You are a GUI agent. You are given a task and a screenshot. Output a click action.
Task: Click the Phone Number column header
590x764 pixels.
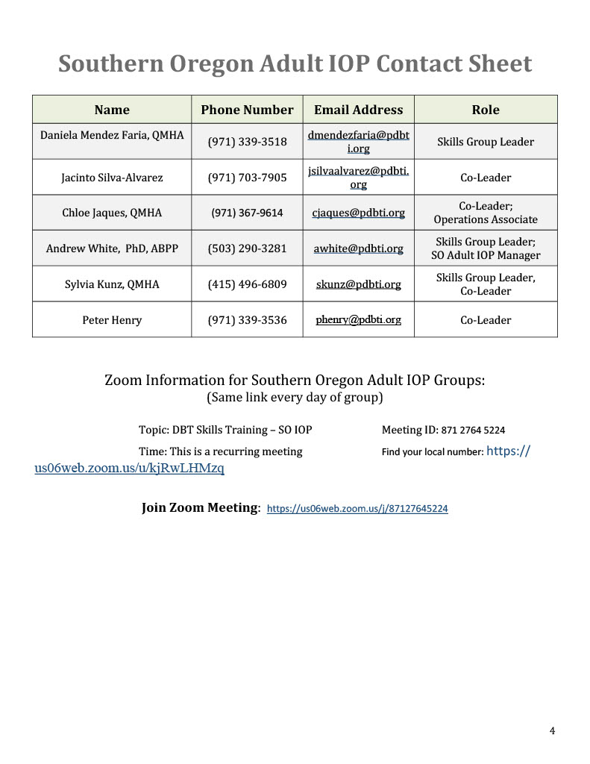(247, 110)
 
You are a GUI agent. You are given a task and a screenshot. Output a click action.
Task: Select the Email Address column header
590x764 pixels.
(358, 110)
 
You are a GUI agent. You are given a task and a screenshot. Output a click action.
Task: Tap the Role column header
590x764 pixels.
(486, 110)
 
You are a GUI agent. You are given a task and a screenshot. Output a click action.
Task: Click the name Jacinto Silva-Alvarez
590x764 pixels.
(112, 178)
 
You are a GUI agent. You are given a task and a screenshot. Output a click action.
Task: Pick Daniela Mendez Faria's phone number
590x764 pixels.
(247, 142)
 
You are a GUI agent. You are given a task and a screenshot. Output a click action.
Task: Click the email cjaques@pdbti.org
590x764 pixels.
(358, 213)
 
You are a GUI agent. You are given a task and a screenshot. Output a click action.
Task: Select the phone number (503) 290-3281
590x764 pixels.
(247, 248)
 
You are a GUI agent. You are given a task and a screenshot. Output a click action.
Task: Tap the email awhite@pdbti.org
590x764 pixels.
(358, 248)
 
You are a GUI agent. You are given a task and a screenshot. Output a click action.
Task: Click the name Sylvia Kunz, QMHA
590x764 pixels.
(112, 284)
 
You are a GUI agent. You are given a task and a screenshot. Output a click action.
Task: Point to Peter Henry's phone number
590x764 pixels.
(247, 320)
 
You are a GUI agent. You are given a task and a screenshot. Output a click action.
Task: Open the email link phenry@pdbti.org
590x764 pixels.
(358, 320)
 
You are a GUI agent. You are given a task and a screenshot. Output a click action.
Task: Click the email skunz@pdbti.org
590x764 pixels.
(358, 284)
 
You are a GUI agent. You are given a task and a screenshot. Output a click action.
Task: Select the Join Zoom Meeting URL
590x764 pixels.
(357, 509)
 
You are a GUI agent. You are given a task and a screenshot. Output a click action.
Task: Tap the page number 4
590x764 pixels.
(552, 731)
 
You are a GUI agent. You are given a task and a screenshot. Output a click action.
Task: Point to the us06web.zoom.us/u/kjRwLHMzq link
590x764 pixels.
(129, 469)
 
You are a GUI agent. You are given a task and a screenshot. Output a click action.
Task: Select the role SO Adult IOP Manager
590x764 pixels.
(486, 255)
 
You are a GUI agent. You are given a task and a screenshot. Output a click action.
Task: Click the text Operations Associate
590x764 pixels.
(486, 219)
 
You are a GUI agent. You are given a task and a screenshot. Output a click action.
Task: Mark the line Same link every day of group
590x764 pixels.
(295, 398)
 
